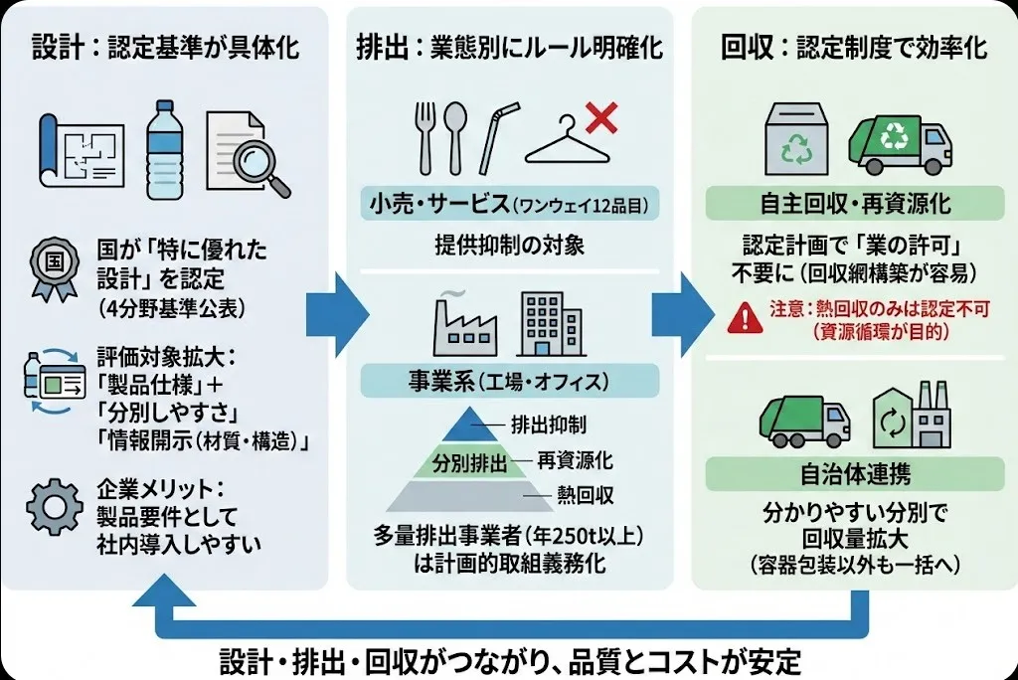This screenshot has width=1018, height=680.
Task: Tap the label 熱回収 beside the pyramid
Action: (585, 493)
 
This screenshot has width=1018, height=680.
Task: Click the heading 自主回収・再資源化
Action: (854, 205)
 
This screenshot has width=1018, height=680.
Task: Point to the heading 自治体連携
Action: (854, 473)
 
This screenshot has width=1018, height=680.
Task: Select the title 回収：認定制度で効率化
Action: (854, 48)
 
